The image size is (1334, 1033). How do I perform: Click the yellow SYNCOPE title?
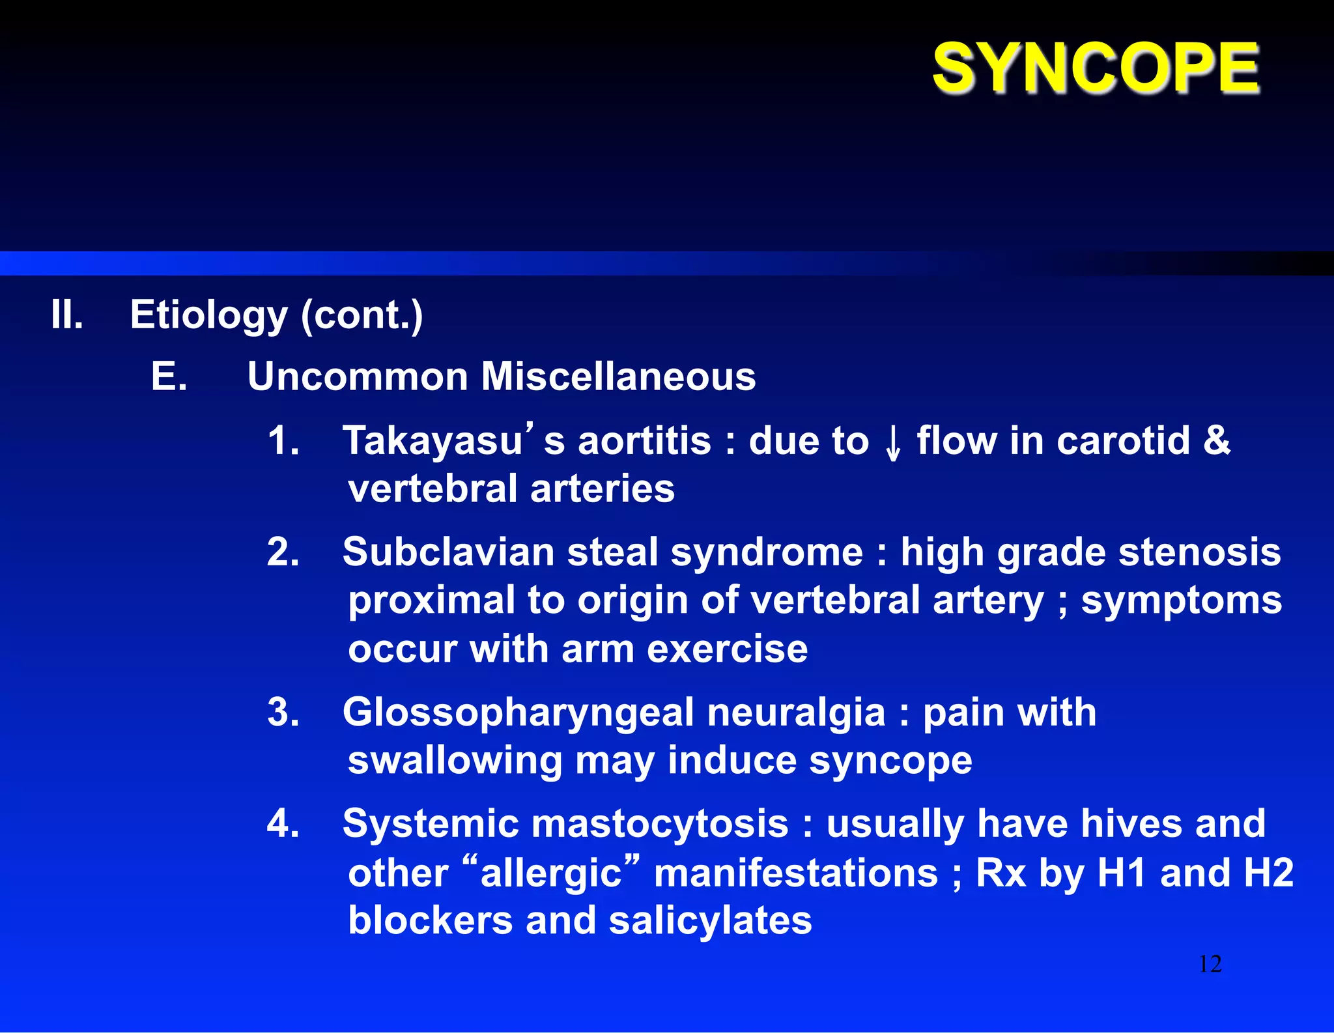[1096, 68]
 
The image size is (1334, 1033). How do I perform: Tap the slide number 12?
[1210, 964]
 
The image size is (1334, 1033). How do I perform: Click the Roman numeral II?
[67, 315]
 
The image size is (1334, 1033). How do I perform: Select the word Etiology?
[208, 316]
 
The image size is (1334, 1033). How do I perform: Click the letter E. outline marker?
[169, 376]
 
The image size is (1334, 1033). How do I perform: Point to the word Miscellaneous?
[618, 376]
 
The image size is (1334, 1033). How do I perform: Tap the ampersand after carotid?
[1216, 440]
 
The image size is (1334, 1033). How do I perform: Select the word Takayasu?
[433, 442]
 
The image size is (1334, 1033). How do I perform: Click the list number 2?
[283, 552]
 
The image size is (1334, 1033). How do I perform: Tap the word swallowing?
[455, 761]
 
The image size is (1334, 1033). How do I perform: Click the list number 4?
[283, 824]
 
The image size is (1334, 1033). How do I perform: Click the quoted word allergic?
[551, 873]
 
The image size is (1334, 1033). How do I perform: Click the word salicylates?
[710, 921]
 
